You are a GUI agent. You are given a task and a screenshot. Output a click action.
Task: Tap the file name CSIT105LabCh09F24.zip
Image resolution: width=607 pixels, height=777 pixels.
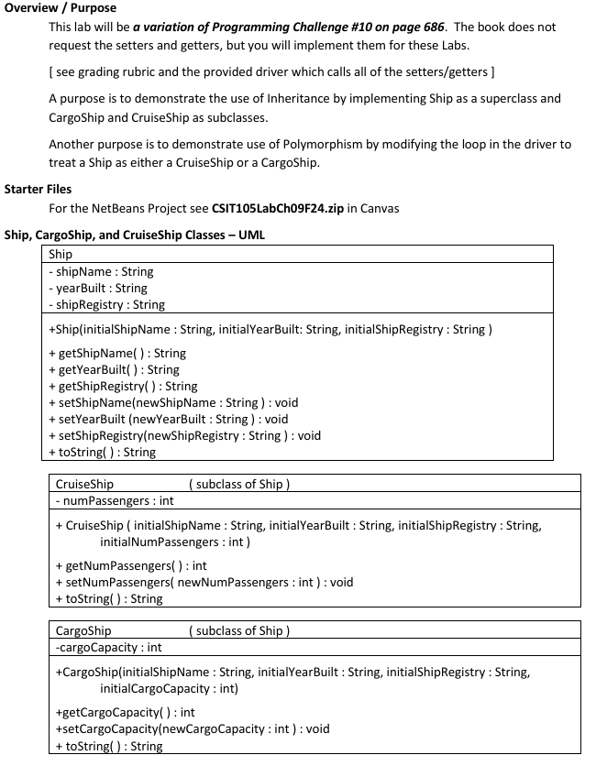coord(276,208)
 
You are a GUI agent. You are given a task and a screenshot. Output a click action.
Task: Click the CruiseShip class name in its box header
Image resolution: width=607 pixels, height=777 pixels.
coord(84,484)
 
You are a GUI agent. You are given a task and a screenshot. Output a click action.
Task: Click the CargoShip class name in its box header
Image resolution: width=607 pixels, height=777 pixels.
coord(83,630)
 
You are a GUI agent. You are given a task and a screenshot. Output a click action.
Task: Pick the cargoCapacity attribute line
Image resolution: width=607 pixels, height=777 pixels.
coord(108,647)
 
